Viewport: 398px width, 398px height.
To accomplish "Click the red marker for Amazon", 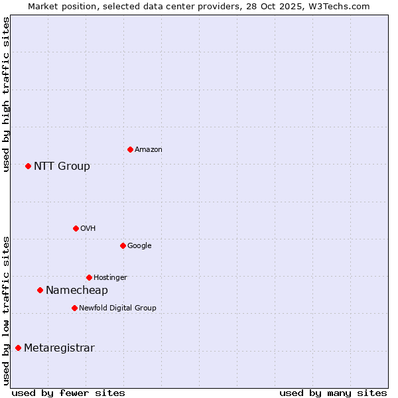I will pos(130,149).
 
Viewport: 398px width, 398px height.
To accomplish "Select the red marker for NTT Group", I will pos(28,166).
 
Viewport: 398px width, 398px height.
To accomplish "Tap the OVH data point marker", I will pos(76,228).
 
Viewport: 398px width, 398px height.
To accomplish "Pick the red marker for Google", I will pos(123,245).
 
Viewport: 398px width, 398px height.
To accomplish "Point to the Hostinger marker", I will pos(89,277).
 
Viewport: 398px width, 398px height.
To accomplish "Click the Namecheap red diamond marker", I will pos(40,290).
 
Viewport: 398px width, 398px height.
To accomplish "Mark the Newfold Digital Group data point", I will pos(74,308).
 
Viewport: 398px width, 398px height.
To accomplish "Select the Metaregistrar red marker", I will pos(18,348).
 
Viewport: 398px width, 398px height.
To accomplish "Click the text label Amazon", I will pos(149,150).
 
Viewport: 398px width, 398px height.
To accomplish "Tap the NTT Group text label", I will pos(62,166).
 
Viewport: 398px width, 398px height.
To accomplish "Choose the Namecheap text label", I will pos(77,291).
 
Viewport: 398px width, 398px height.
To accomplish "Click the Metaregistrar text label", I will pos(59,348).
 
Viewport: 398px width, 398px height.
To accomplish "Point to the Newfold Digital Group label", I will pos(117,308).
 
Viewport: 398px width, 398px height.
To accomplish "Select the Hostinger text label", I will pos(110,277).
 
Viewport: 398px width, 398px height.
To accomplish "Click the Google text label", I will pos(139,245).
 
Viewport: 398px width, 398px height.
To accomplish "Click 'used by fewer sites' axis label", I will pos(68,393).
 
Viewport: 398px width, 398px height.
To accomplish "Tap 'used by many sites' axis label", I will pos(333,393).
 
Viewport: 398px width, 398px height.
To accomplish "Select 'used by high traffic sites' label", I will pos(6,94).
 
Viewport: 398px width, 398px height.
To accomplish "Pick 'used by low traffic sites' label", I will pos(6,310).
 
